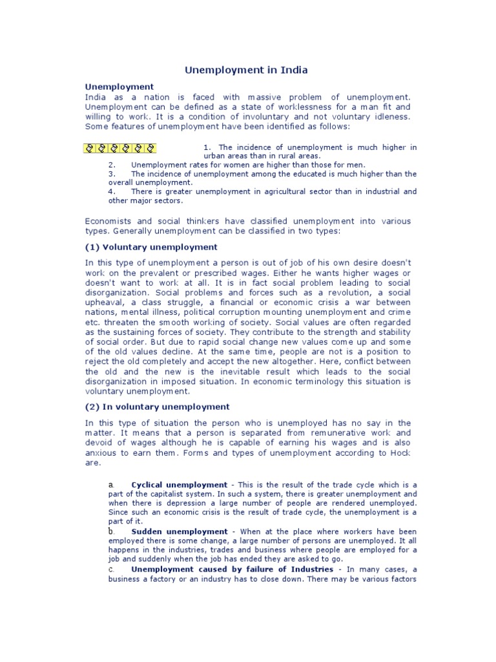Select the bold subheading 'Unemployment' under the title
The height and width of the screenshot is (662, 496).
pos(119,86)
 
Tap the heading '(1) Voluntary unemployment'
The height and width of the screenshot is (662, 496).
pos(151,247)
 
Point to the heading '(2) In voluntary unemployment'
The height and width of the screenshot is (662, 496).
pos(157,407)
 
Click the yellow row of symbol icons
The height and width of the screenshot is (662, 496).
pos(121,148)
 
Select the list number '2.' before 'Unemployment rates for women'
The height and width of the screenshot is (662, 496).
pos(112,165)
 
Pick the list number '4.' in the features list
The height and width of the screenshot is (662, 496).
pos(112,191)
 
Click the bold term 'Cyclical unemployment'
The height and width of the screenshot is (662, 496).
pos(179,485)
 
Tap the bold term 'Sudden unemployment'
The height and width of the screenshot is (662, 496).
pos(179,531)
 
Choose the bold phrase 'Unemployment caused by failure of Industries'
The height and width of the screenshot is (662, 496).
pos(232,569)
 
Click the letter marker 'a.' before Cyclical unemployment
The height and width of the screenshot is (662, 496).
pos(112,485)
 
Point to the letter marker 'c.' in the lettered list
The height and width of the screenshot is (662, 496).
pos(112,569)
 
